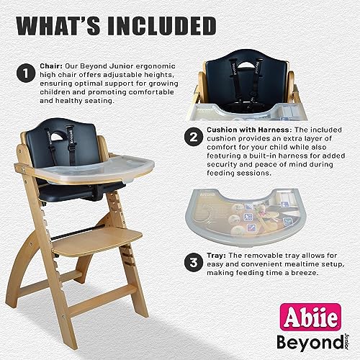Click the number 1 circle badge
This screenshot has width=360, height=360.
point(26,73)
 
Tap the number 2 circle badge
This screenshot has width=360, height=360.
point(194,137)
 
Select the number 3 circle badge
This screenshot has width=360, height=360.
point(194,262)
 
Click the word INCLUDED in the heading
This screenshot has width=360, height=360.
point(162,26)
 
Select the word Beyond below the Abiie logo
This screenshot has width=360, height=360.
point(310,343)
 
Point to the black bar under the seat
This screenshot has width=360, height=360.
point(78,232)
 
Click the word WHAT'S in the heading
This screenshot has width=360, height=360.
point(58,26)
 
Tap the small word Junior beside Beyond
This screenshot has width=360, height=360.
point(346,341)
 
